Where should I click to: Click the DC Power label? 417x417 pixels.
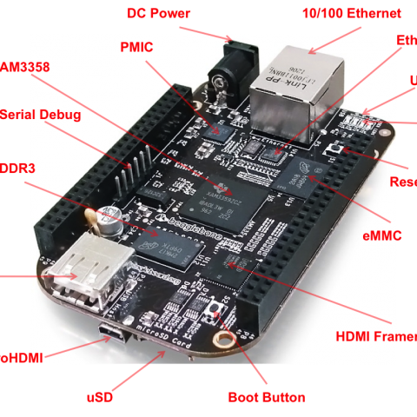[159, 12]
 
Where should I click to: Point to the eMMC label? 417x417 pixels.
[382, 235]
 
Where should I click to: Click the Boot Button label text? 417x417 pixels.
[266, 397]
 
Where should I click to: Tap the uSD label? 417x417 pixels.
[100, 397]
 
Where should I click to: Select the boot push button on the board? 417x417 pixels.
[216, 310]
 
